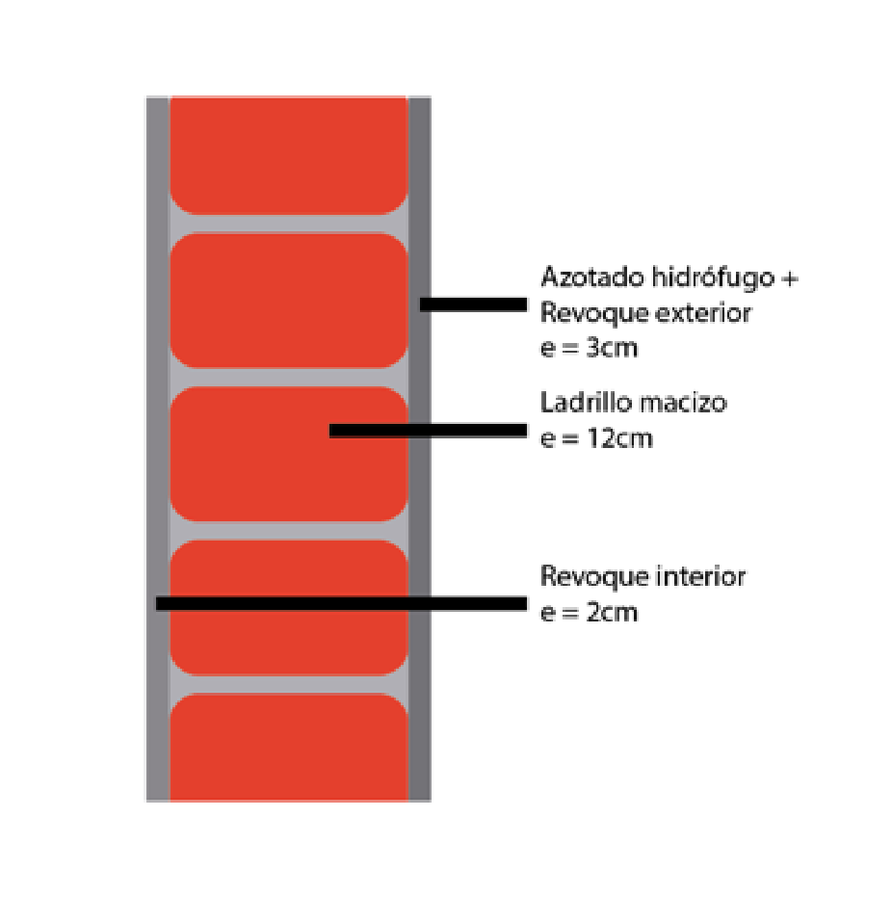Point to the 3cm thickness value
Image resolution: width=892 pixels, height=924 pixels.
pos(612,348)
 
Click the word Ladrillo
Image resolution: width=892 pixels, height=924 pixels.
pos(586,403)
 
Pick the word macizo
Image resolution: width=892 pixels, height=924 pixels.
pos(683,403)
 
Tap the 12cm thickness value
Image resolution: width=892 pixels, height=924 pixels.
pos(619,439)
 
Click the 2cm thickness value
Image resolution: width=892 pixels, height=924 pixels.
pos(612,613)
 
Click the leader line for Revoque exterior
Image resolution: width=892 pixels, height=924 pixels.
pos(473,304)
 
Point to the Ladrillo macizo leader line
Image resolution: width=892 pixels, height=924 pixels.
pos(428,431)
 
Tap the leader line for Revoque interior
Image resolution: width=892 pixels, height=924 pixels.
pos(341,603)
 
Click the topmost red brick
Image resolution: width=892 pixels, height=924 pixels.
pos(289,155)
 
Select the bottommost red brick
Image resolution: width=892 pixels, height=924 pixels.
pos(289,748)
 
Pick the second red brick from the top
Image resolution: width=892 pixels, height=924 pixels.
pos(289,301)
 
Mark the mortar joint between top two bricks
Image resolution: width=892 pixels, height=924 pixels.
pos(289,224)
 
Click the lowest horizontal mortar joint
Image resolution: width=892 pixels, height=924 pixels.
pos(289,684)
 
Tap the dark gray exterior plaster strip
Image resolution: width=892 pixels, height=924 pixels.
pos(419,448)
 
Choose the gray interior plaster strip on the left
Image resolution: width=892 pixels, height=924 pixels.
pos(158,448)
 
